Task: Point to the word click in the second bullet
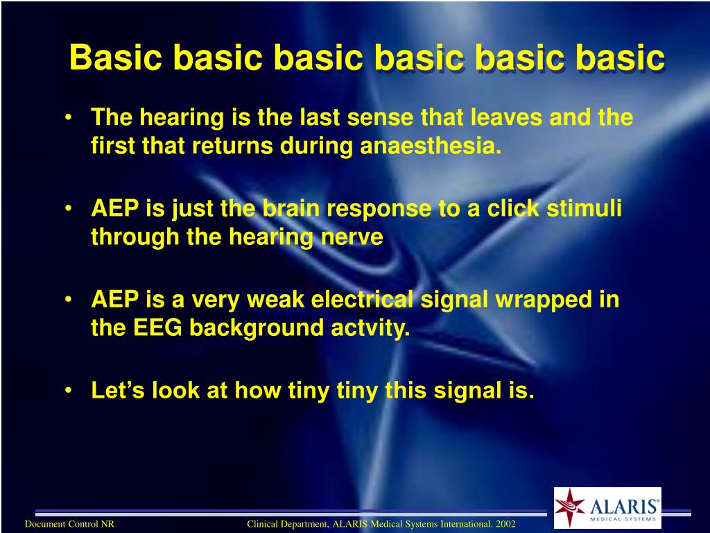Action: pos(513,208)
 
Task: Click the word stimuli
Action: pos(584,208)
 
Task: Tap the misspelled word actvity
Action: pos(370,328)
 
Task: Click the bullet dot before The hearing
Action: pos(68,118)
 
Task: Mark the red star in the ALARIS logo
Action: pos(570,507)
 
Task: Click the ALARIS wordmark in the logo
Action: pos(625,506)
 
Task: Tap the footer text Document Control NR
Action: pos(69,525)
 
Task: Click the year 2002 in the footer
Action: pos(505,525)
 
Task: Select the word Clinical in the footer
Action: pos(263,525)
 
